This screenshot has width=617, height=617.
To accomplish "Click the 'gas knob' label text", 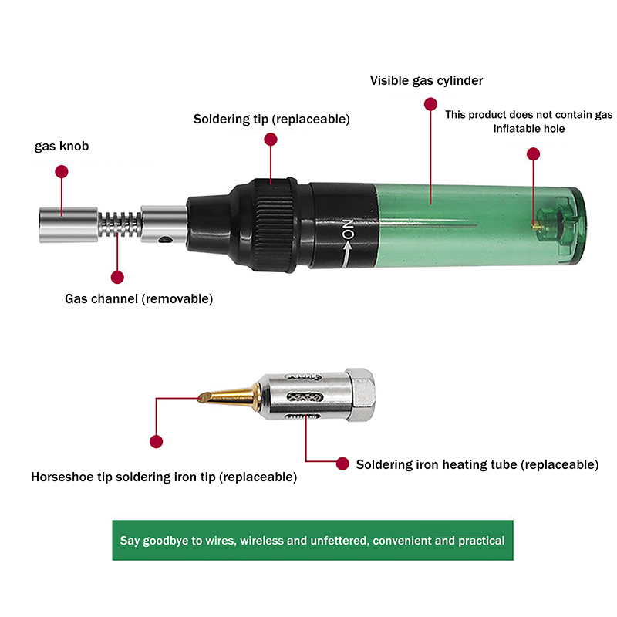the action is click(x=62, y=147).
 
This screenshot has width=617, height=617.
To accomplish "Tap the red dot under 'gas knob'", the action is click(x=62, y=171).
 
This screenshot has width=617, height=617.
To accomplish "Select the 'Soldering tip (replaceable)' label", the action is click(x=271, y=120).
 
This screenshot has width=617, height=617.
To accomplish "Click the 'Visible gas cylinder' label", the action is click(x=427, y=81).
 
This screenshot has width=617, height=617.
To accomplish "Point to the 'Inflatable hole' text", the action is click(x=529, y=129).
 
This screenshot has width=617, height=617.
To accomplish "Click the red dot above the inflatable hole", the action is click(x=533, y=153).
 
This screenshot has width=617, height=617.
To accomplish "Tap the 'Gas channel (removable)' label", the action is click(x=139, y=298).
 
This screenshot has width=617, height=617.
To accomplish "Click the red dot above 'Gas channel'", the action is click(x=117, y=277).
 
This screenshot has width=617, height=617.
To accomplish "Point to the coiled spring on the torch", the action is click(x=120, y=224).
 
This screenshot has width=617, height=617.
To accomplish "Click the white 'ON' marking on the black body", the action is click(x=348, y=229).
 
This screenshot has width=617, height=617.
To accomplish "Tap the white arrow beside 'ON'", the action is click(x=346, y=255).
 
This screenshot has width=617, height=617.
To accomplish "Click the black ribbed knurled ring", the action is click(x=274, y=224).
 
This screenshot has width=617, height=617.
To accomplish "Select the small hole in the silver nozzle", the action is click(x=165, y=239).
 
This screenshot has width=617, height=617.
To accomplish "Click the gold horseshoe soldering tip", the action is click(x=228, y=396).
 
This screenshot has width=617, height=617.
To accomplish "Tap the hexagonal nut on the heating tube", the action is click(x=360, y=395).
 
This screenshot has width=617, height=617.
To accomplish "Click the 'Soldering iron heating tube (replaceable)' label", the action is click(x=477, y=464).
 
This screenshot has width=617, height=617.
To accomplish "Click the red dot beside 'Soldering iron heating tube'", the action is click(x=342, y=464).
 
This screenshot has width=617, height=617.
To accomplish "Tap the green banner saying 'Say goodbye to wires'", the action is click(x=312, y=541).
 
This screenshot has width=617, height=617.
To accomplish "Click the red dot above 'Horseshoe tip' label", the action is click(x=157, y=441).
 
